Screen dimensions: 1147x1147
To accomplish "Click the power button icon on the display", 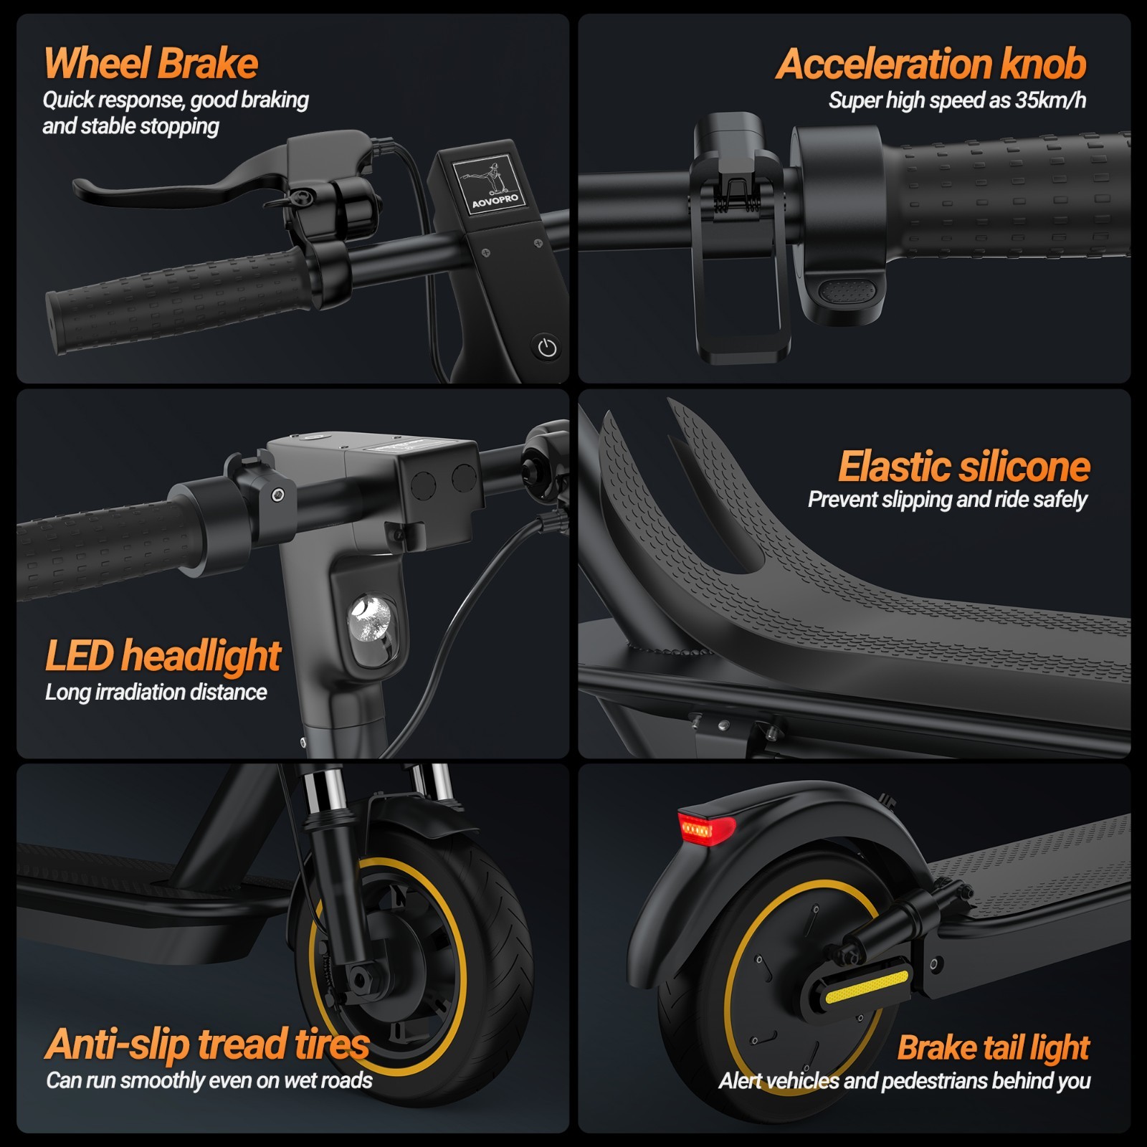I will tap(547, 348).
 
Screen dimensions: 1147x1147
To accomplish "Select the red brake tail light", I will tap(705, 829).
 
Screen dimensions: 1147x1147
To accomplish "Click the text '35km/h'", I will tap(1050, 100).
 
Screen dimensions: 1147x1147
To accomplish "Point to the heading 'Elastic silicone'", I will tap(963, 467).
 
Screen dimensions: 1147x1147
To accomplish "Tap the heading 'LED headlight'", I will tap(163, 655).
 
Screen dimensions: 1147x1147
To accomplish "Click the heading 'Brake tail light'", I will tap(993, 1047).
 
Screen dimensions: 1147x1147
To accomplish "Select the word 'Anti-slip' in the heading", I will tap(118, 1044).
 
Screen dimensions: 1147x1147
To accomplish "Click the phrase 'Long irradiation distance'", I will tap(156, 693).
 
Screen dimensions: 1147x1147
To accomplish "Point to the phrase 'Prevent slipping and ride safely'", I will tap(947, 500).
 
